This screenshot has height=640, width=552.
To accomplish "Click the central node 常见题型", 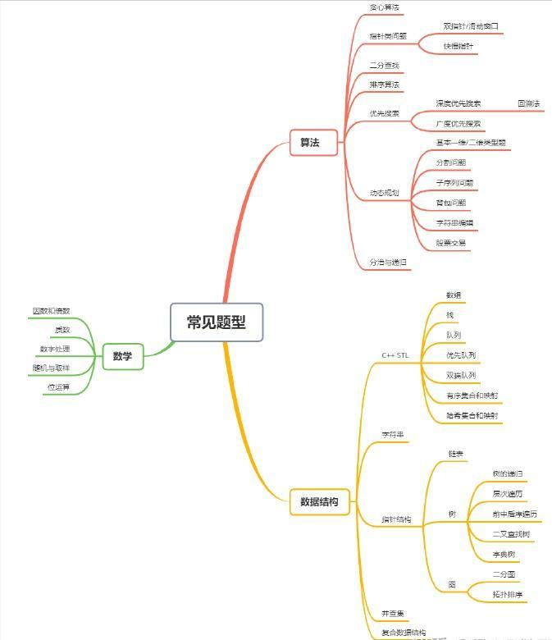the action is point(217,322).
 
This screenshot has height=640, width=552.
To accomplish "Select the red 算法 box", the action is point(310,143).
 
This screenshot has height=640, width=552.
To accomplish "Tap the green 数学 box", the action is point(122,356).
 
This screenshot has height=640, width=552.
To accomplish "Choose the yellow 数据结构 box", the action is point(319,501).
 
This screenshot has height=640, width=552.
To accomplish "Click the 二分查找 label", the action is point(384,66).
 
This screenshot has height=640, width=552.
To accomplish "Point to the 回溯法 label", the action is point(529,103).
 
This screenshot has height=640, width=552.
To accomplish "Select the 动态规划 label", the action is point(384,193).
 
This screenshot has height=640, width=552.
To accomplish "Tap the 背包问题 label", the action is point(451,203).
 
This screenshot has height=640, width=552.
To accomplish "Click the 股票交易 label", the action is point(451,243).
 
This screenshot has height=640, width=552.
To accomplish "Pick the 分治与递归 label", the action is point(389,263).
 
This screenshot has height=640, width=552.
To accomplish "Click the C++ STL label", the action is point(395,355).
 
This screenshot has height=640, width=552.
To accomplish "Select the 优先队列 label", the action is point(461,355).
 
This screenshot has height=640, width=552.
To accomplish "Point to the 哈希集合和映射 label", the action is point(472,416).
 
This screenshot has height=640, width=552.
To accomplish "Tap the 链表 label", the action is point(456,454).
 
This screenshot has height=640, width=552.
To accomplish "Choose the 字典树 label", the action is point(504,555).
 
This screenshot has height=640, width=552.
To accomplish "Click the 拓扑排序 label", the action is point(508,594).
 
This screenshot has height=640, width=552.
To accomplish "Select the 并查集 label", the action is point(392,614).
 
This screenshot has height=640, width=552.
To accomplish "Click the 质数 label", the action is point(62,330).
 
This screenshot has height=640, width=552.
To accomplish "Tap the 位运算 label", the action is point(58,386).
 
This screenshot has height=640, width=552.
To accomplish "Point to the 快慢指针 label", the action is point(458,46).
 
